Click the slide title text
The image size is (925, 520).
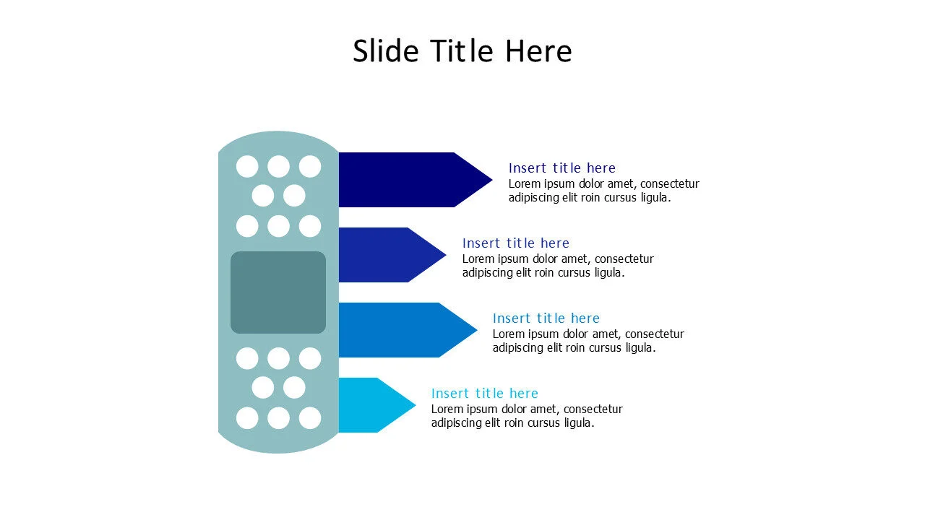(462, 51)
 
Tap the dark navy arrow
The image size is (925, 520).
(405, 180)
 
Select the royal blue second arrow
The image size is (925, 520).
(383, 255)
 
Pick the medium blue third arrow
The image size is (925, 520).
(397, 330)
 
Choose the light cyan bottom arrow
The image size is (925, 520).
(369, 405)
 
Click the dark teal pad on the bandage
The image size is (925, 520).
(278, 292)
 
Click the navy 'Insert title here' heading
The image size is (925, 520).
(562, 168)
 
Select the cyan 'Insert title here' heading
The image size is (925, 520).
(485, 394)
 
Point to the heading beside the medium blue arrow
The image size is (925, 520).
(546, 318)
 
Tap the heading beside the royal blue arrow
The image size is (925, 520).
(516, 243)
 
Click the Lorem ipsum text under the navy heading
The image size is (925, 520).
(603, 191)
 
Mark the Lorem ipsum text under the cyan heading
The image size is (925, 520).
(527, 416)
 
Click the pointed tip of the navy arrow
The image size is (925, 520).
(487, 180)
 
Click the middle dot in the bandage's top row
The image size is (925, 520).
(278, 167)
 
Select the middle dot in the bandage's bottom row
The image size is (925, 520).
(278, 418)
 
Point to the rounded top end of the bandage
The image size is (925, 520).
(278, 139)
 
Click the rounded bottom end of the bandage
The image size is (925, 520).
(278, 445)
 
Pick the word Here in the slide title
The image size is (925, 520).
(538, 51)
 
